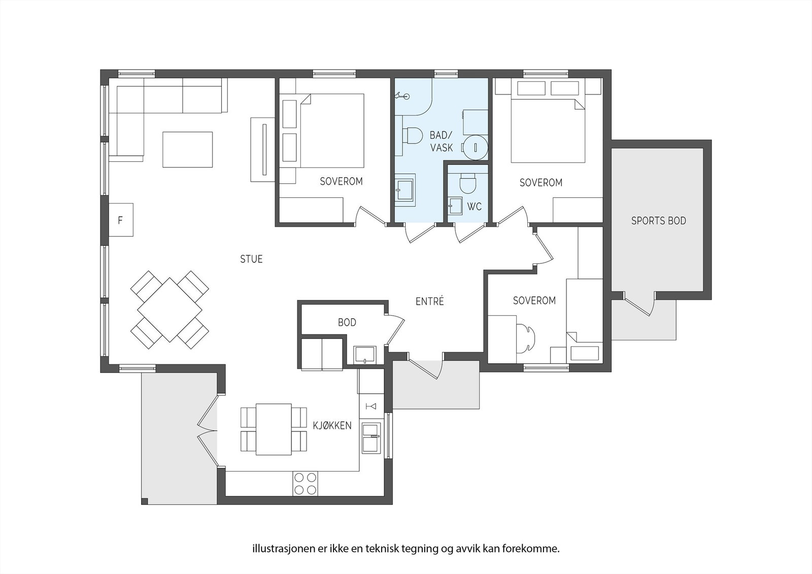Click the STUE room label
(251, 259)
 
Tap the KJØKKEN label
(332, 425)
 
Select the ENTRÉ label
(429, 301)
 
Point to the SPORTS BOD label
(659, 220)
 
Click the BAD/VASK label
(441, 142)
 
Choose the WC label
(474, 207)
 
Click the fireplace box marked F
(121, 220)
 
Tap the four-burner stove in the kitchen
(305, 484)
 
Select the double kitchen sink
(371, 437)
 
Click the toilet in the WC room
(467, 183)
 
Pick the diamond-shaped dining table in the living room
(170, 310)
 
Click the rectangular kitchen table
(274, 429)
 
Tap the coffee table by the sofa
(187, 149)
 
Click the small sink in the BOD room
(365, 355)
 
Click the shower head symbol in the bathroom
(403, 96)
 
